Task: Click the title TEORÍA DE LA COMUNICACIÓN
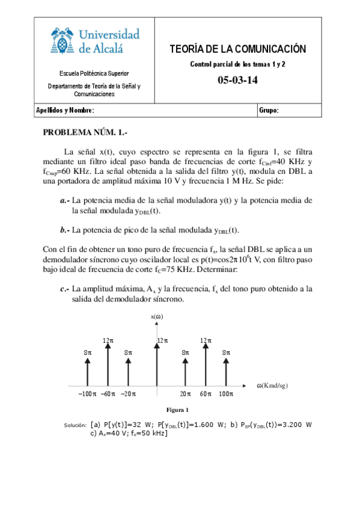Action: point(237,49)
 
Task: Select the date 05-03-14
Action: point(237,81)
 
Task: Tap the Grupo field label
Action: point(269,111)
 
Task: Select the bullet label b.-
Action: point(65,230)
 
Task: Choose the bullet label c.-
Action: point(65,289)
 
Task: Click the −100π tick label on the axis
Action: point(88,394)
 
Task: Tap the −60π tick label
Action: point(108,394)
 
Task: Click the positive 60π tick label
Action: point(206,394)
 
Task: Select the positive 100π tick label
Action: point(226,394)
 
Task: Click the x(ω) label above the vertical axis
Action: point(156,316)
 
